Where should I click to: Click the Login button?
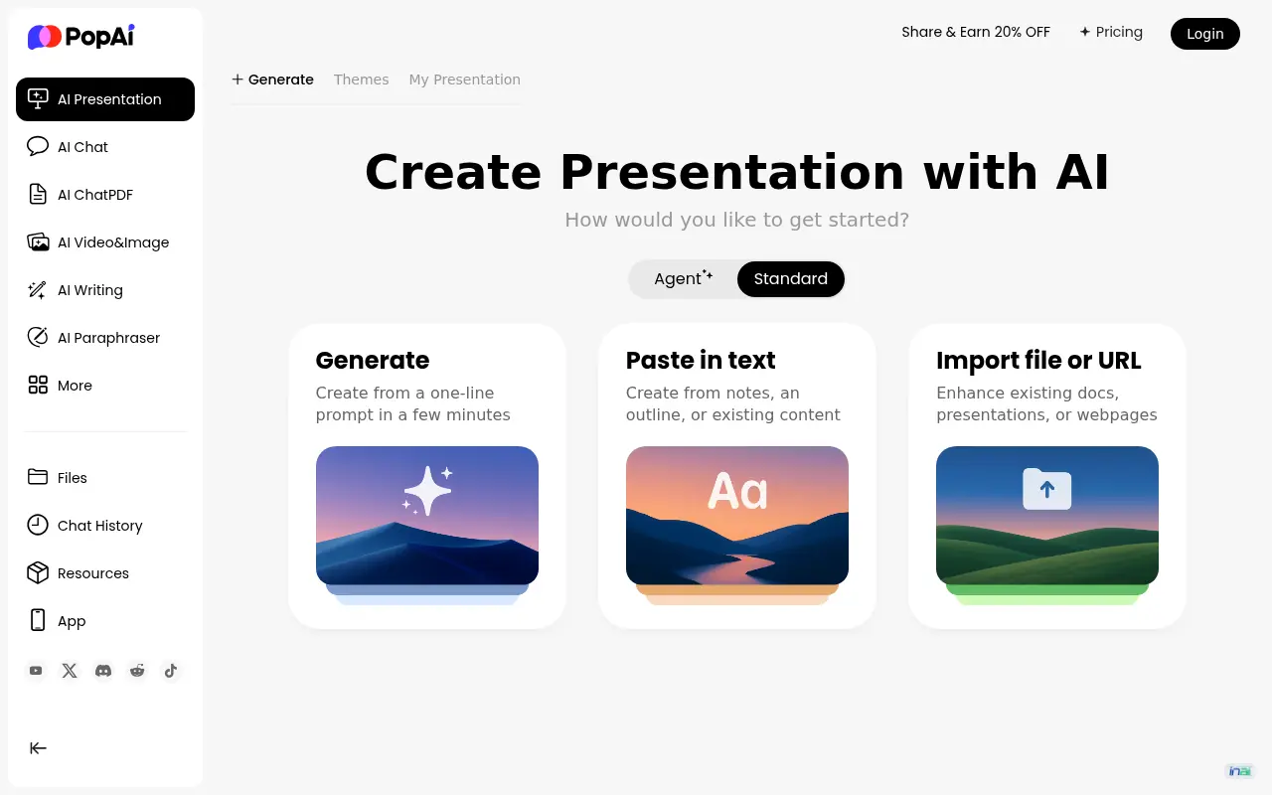1205,34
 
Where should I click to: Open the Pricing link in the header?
1111,33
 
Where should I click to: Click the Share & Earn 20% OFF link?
976,33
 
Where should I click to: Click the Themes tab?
361,79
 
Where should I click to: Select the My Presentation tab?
464,79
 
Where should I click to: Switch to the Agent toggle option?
683,279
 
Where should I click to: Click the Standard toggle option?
790,279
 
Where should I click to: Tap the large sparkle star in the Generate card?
426,491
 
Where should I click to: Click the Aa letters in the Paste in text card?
737,491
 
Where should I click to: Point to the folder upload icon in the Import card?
1046,488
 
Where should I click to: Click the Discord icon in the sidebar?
103,671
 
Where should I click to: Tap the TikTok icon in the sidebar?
170,671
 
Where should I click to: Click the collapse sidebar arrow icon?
38,748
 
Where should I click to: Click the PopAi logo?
81,37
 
